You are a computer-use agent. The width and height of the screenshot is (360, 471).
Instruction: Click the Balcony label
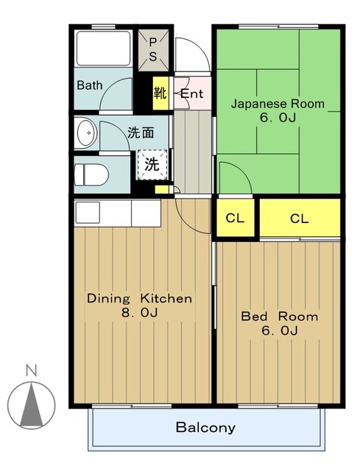[205, 428]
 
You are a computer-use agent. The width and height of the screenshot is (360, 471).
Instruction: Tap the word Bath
[90, 85]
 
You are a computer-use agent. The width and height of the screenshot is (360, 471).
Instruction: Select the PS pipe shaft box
[153, 51]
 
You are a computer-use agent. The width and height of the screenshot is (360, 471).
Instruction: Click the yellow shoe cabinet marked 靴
[160, 93]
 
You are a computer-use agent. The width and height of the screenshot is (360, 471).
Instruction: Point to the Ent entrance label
[192, 93]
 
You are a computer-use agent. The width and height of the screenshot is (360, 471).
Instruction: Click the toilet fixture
[91, 175]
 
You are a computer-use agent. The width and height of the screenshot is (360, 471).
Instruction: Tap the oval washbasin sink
[87, 132]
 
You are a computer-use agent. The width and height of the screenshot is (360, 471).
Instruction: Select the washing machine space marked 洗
[152, 165]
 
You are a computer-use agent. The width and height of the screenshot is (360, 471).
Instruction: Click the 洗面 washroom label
[141, 132]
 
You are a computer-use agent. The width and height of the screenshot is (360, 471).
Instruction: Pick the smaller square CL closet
[236, 218]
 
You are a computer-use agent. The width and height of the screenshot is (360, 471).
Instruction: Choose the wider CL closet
[300, 218]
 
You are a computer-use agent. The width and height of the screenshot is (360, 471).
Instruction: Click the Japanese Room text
[278, 104]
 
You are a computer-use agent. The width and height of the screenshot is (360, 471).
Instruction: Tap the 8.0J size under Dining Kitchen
[139, 313]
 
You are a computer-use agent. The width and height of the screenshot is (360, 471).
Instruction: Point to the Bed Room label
[280, 316]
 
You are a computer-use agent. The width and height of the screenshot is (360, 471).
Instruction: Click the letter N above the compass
[31, 370]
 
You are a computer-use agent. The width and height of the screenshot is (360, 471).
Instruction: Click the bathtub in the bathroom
[103, 49]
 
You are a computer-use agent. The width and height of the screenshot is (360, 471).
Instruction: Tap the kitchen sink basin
[88, 213]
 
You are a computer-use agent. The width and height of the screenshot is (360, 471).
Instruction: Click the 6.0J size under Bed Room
[280, 330]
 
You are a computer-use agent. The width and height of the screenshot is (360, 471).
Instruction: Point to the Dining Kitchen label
[139, 299]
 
